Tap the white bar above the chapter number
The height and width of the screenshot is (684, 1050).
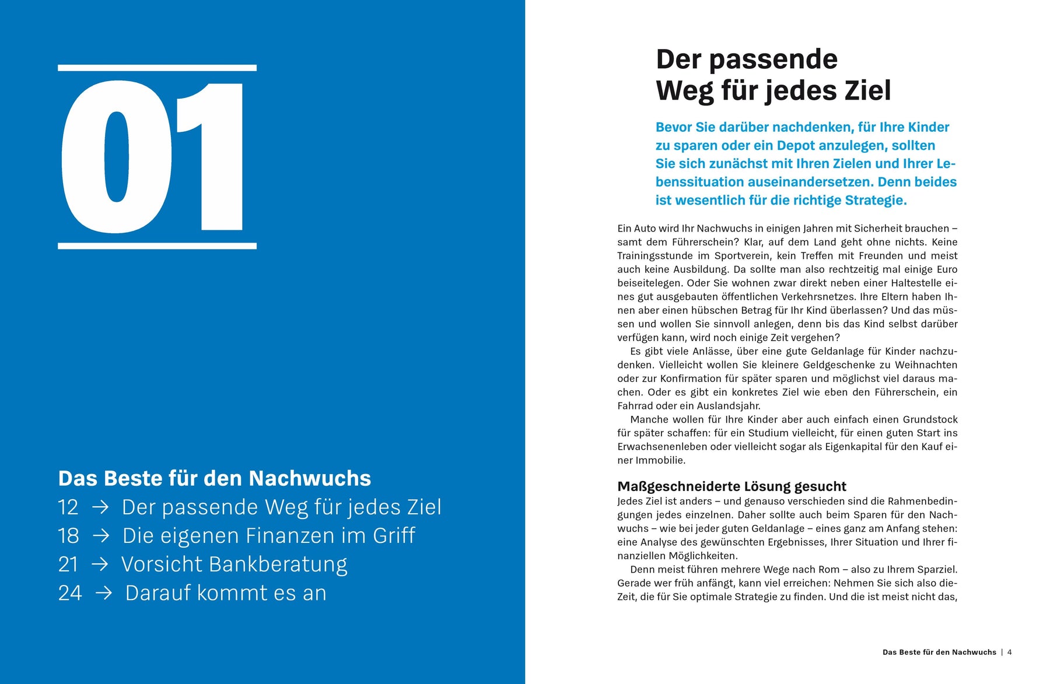pyautogui.click(x=157, y=68)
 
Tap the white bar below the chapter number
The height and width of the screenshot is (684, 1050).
pyautogui.click(x=157, y=246)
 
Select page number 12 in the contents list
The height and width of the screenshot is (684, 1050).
pyautogui.click(x=68, y=507)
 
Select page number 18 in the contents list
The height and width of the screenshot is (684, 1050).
pyautogui.click(x=68, y=536)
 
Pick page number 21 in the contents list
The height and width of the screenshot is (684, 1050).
pyautogui.click(x=68, y=564)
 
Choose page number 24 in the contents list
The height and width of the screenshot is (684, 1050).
pyautogui.click(x=69, y=593)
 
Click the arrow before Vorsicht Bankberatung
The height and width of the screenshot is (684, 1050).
pyautogui.click(x=100, y=564)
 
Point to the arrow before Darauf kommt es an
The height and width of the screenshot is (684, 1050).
pyautogui.click(x=104, y=593)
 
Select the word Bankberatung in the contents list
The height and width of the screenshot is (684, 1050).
pyautogui.click(x=278, y=564)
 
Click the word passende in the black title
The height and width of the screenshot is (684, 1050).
pyautogui.click(x=773, y=60)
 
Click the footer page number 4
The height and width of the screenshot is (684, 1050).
pyautogui.click(x=1010, y=653)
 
